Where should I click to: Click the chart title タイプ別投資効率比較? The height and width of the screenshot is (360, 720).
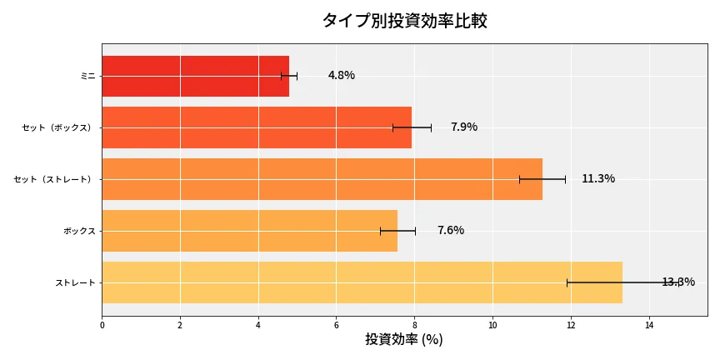(404, 21)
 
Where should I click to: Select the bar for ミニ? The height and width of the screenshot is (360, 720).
(195, 76)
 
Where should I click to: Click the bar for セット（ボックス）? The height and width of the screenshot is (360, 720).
(257, 127)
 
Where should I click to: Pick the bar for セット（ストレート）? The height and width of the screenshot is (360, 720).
(322, 179)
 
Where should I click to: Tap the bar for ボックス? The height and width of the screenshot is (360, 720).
(249, 231)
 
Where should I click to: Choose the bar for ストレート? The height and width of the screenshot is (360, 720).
(362, 282)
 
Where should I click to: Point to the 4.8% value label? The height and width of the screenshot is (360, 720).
(342, 76)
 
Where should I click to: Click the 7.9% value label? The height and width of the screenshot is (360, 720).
(464, 127)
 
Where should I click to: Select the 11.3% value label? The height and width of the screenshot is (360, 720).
(598, 179)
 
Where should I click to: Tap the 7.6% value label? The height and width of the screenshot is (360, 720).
(451, 231)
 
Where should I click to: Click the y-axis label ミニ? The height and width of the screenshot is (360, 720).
(87, 76)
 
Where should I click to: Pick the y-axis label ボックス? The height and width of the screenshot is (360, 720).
(79, 231)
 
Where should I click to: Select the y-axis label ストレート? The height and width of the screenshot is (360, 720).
(75, 282)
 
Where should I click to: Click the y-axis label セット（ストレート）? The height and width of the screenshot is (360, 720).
(54, 179)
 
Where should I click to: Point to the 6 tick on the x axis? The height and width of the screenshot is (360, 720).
(337, 325)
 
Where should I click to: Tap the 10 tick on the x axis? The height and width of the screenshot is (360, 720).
(492, 325)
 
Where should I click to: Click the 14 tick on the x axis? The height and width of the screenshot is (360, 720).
(649, 325)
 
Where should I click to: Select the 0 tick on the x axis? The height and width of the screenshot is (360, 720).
(102, 325)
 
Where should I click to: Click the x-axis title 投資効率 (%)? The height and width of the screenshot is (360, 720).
(404, 340)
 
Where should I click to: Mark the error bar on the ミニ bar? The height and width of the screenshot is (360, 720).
(289, 76)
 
